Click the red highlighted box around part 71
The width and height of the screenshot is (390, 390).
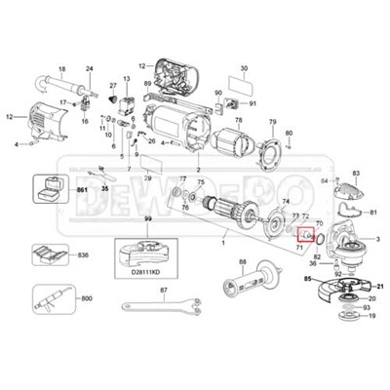305,234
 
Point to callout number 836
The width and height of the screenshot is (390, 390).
85,255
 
